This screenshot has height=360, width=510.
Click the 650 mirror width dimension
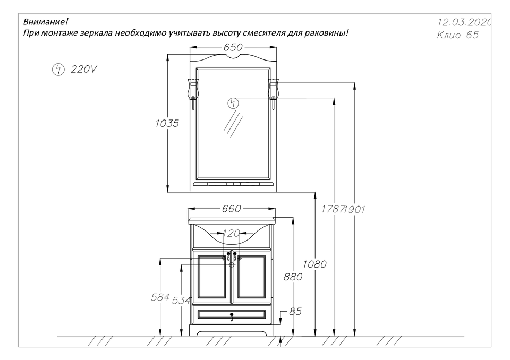233,47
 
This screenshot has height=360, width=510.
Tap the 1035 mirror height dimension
167,123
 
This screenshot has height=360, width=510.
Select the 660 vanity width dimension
232,209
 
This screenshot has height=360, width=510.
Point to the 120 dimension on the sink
231,233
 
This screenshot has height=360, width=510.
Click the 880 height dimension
293,277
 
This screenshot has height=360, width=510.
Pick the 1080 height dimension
314,264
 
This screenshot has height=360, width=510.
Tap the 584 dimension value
160,297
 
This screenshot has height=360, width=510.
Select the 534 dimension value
181,301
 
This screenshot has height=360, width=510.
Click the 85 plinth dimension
295,312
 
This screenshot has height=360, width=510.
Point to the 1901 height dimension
354,209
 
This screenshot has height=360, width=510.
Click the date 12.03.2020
464,22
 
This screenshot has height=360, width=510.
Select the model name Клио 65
457,35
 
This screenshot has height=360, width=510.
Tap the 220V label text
84,69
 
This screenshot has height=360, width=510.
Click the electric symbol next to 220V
58,70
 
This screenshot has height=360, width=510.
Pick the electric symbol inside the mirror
233,104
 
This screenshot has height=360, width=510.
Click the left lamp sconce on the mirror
193,93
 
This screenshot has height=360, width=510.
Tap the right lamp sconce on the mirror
273,93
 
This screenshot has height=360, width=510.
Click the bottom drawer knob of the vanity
232,315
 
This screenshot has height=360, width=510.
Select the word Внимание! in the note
46,22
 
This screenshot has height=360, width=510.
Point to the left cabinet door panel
211,277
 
